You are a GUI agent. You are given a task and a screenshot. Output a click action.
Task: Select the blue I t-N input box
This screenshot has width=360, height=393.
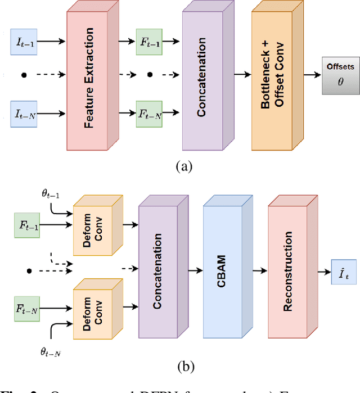pos(24,114)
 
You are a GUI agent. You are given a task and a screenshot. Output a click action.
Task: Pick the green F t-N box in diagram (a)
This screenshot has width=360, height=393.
pos(150,114)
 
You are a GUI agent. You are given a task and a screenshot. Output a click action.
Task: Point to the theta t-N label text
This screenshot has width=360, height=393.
pos(51,352)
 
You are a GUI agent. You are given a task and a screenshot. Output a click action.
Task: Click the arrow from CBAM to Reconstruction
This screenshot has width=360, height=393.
pos(255,271)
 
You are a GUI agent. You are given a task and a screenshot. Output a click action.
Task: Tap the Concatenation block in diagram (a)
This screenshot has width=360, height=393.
pos(202,78)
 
